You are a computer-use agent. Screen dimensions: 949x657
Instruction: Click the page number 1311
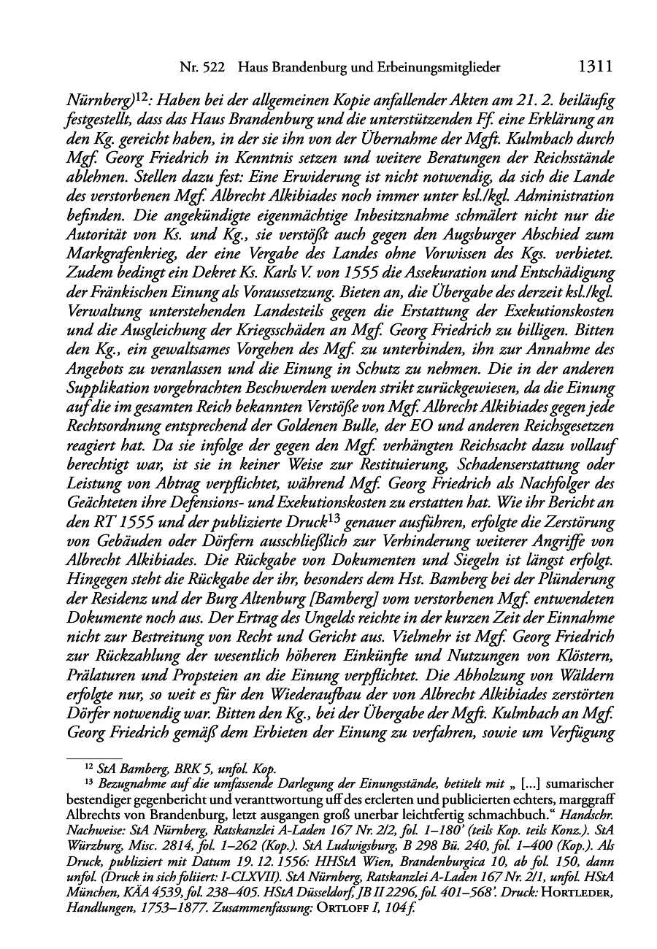(594, 67)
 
